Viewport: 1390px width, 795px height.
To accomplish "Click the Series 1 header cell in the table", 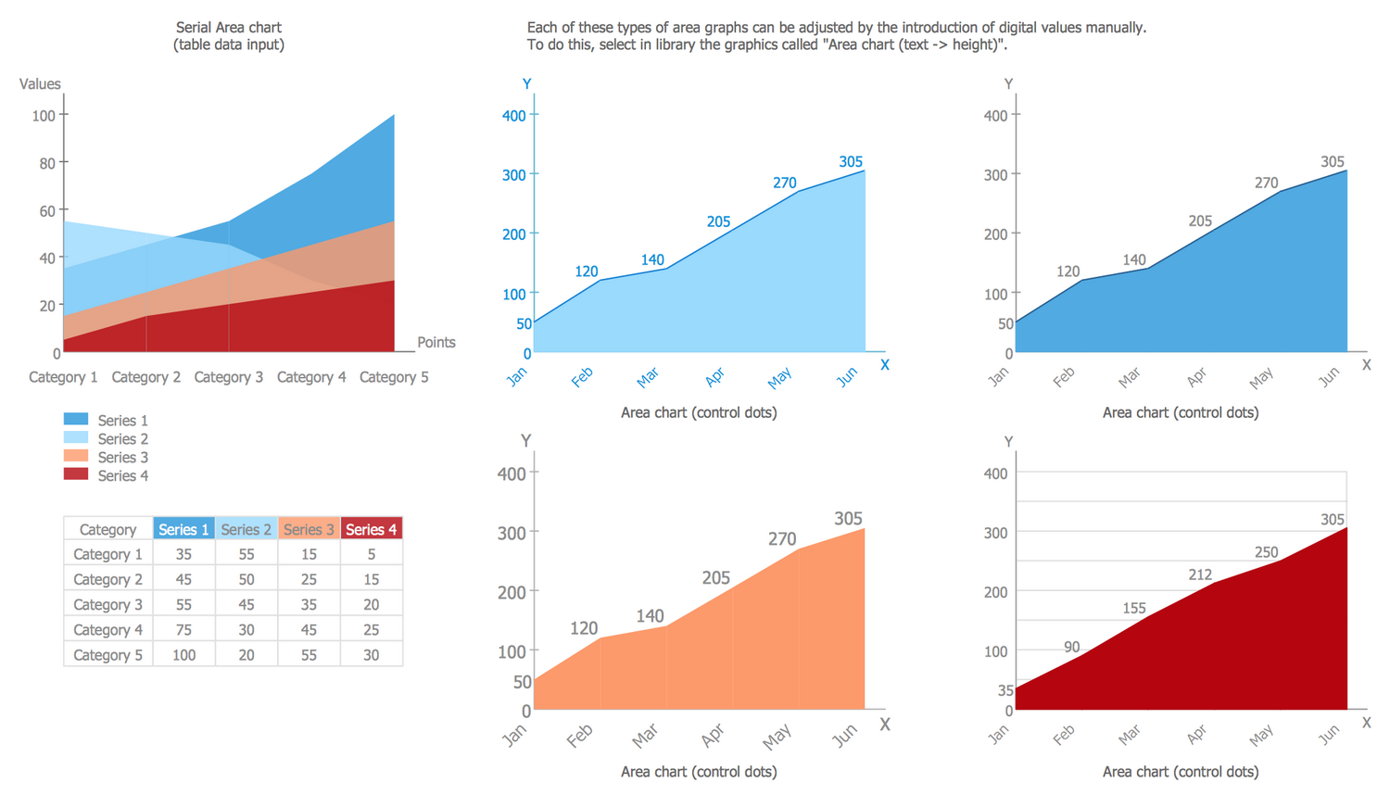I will click(183, 529).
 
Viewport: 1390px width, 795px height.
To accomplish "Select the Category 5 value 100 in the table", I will click(183, 655).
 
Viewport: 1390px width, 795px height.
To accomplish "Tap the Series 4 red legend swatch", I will click(76, 474).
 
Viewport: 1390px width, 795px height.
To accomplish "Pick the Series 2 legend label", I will click(122, 439).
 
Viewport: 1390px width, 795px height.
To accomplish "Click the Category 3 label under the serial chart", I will click(228, 377).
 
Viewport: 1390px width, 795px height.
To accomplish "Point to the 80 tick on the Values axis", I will click(44, 163).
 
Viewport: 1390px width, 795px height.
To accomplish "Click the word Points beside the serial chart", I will click(436, 342).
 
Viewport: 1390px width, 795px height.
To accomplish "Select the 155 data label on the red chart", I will click(1134, 609).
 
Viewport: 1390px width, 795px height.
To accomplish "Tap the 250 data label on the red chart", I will click(1266, 552).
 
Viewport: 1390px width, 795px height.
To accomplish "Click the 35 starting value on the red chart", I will click(1005, 690).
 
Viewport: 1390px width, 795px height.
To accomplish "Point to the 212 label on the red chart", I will click(1200, 574).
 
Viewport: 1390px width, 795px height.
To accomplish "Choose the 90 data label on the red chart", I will click(1071, 648).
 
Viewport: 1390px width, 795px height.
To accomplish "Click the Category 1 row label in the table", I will click(107, 554).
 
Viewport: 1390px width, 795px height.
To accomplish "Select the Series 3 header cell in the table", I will click(309, 529).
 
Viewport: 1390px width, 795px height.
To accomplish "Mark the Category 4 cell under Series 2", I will click(246, 630).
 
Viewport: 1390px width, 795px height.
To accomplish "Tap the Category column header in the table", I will click(107, 529).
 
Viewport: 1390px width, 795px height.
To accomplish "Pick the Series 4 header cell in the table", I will click(371, 529).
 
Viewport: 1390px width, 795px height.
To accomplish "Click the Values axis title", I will click(40, 84).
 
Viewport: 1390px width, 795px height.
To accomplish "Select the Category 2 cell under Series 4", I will click(371, 579).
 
